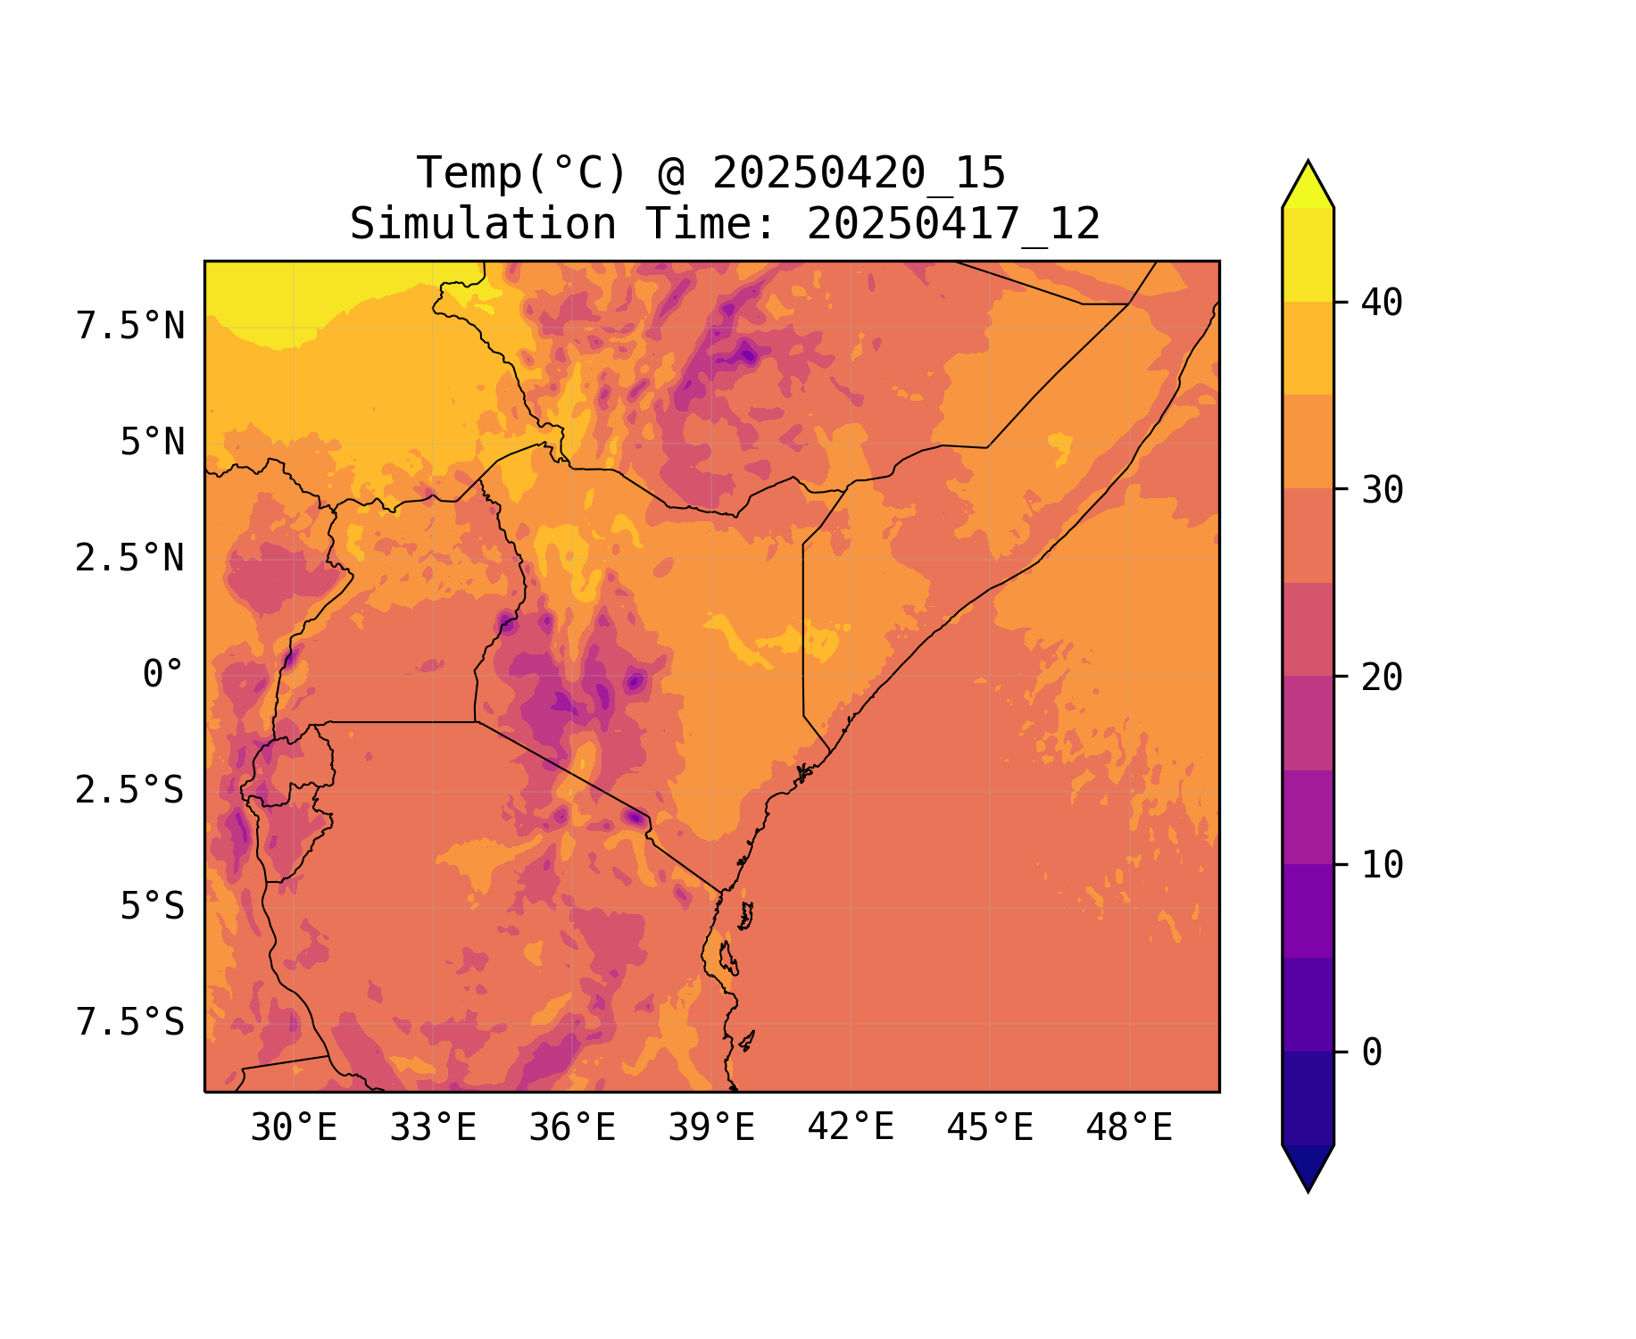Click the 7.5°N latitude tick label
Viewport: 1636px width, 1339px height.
[x=130, y=327]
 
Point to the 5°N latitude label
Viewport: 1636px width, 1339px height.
[x=153, y=443]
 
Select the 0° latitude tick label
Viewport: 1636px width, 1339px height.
[x=163, y=675]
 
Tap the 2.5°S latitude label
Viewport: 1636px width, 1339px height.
[x=130, y=791]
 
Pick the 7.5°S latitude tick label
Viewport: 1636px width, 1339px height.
[x=130, y=1023]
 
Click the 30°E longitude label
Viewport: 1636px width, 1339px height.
[x=294, y=1128]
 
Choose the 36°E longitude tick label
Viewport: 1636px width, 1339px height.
[x=572, y=1128]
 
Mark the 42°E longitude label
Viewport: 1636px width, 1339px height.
[x=851, y=1128]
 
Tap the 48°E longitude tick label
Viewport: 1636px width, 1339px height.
[x=1129, y=1128]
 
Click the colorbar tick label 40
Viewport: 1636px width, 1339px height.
[x=1382, y=304]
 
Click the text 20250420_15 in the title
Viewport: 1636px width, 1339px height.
[x=859, y=173]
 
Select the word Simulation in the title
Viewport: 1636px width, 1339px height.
[x=483, y=224]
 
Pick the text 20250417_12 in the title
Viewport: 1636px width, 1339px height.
[x=953, y=224]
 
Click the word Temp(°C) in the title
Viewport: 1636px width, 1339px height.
[x=522, y=173]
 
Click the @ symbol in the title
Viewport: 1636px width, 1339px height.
[x=670, y=173]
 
